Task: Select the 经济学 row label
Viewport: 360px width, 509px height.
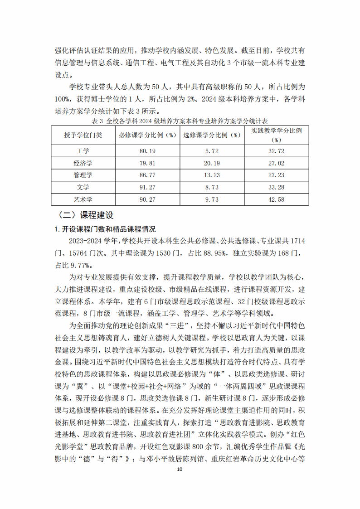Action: click(83, 163)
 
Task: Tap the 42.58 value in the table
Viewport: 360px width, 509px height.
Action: click(276, 199)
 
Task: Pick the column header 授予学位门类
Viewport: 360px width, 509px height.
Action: click(83, 135)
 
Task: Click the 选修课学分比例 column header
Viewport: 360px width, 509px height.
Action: click(212, 135)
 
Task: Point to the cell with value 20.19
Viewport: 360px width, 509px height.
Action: click(212, 163)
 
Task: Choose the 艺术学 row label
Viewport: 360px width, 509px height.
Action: click(83, 199)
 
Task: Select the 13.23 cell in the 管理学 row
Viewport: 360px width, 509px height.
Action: click(212, 175)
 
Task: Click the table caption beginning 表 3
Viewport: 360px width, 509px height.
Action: click(180, 121)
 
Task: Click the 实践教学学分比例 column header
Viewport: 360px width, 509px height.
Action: click(277, 135)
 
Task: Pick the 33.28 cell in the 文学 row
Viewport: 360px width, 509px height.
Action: click(276, 187)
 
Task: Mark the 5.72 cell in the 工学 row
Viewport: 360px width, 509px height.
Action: click(212, 151)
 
